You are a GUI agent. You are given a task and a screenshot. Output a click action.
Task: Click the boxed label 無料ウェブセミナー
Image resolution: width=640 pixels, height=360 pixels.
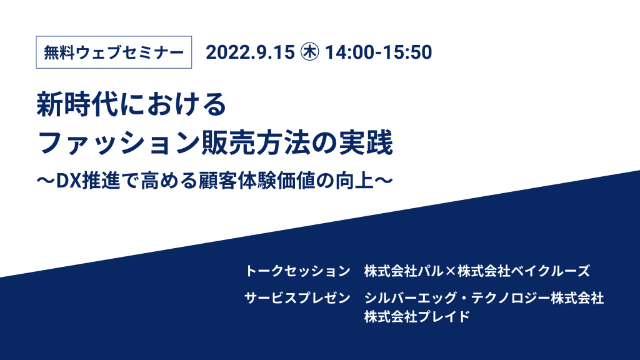[x=114, y=52]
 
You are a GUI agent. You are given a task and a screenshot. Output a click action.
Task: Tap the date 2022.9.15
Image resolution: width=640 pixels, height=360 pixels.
[x=250, y=52]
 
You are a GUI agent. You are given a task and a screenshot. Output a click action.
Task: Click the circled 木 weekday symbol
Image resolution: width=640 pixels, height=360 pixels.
[x=310, y=52]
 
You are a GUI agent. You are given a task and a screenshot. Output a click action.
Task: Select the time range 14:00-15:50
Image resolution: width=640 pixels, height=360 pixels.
[x=378, y=52]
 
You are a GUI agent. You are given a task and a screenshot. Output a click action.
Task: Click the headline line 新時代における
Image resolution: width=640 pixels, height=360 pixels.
[x=131, y=104]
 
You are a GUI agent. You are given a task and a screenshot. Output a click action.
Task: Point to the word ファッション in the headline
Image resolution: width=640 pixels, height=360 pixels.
[x=118, y=142]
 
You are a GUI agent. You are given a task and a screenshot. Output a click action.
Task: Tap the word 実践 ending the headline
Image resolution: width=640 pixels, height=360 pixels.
[x=366, y=142]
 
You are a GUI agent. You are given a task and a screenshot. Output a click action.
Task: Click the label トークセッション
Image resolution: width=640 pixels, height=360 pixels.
[x=297, y=271]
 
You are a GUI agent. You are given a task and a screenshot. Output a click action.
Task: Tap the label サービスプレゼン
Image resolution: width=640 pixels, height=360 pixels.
[x=297, y=298]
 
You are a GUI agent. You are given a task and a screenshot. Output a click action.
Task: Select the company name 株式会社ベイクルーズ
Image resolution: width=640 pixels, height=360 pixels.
[x=524, y=271]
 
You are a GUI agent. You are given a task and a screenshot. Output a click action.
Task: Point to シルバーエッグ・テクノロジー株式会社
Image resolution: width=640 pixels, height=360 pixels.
[x=484, y=298]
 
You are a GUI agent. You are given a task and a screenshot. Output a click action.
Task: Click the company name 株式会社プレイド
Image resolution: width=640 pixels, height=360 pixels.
[x=417, y=317]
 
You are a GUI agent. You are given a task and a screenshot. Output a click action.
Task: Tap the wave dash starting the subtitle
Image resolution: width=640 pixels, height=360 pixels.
[x=46, y=181]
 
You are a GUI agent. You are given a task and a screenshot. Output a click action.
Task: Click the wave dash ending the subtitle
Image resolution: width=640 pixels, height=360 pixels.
[x=384, y=181]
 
